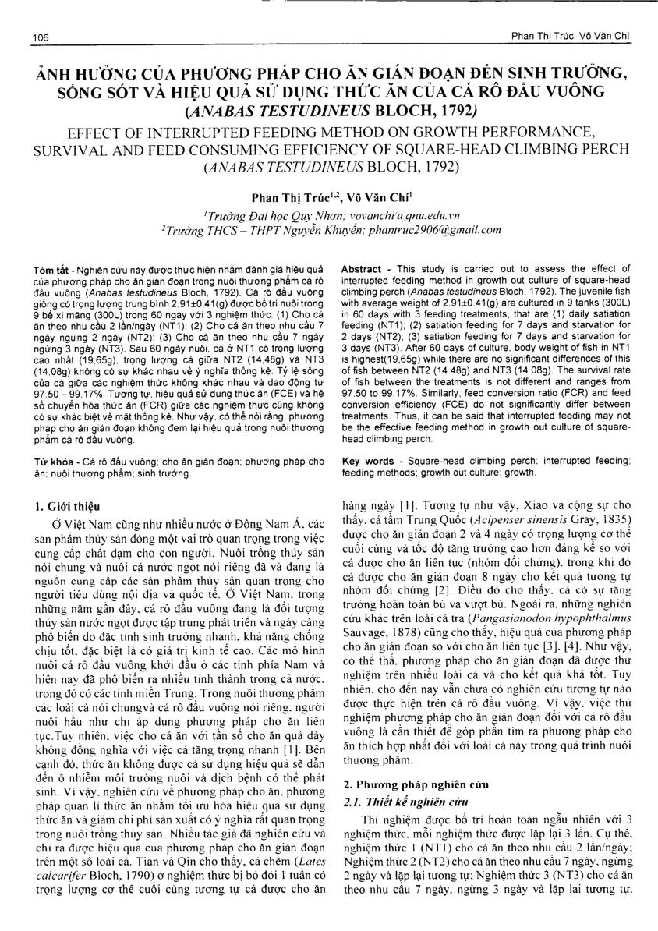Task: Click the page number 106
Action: click(x=36, y=37)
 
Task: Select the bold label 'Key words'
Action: click(x=369, y=462)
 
